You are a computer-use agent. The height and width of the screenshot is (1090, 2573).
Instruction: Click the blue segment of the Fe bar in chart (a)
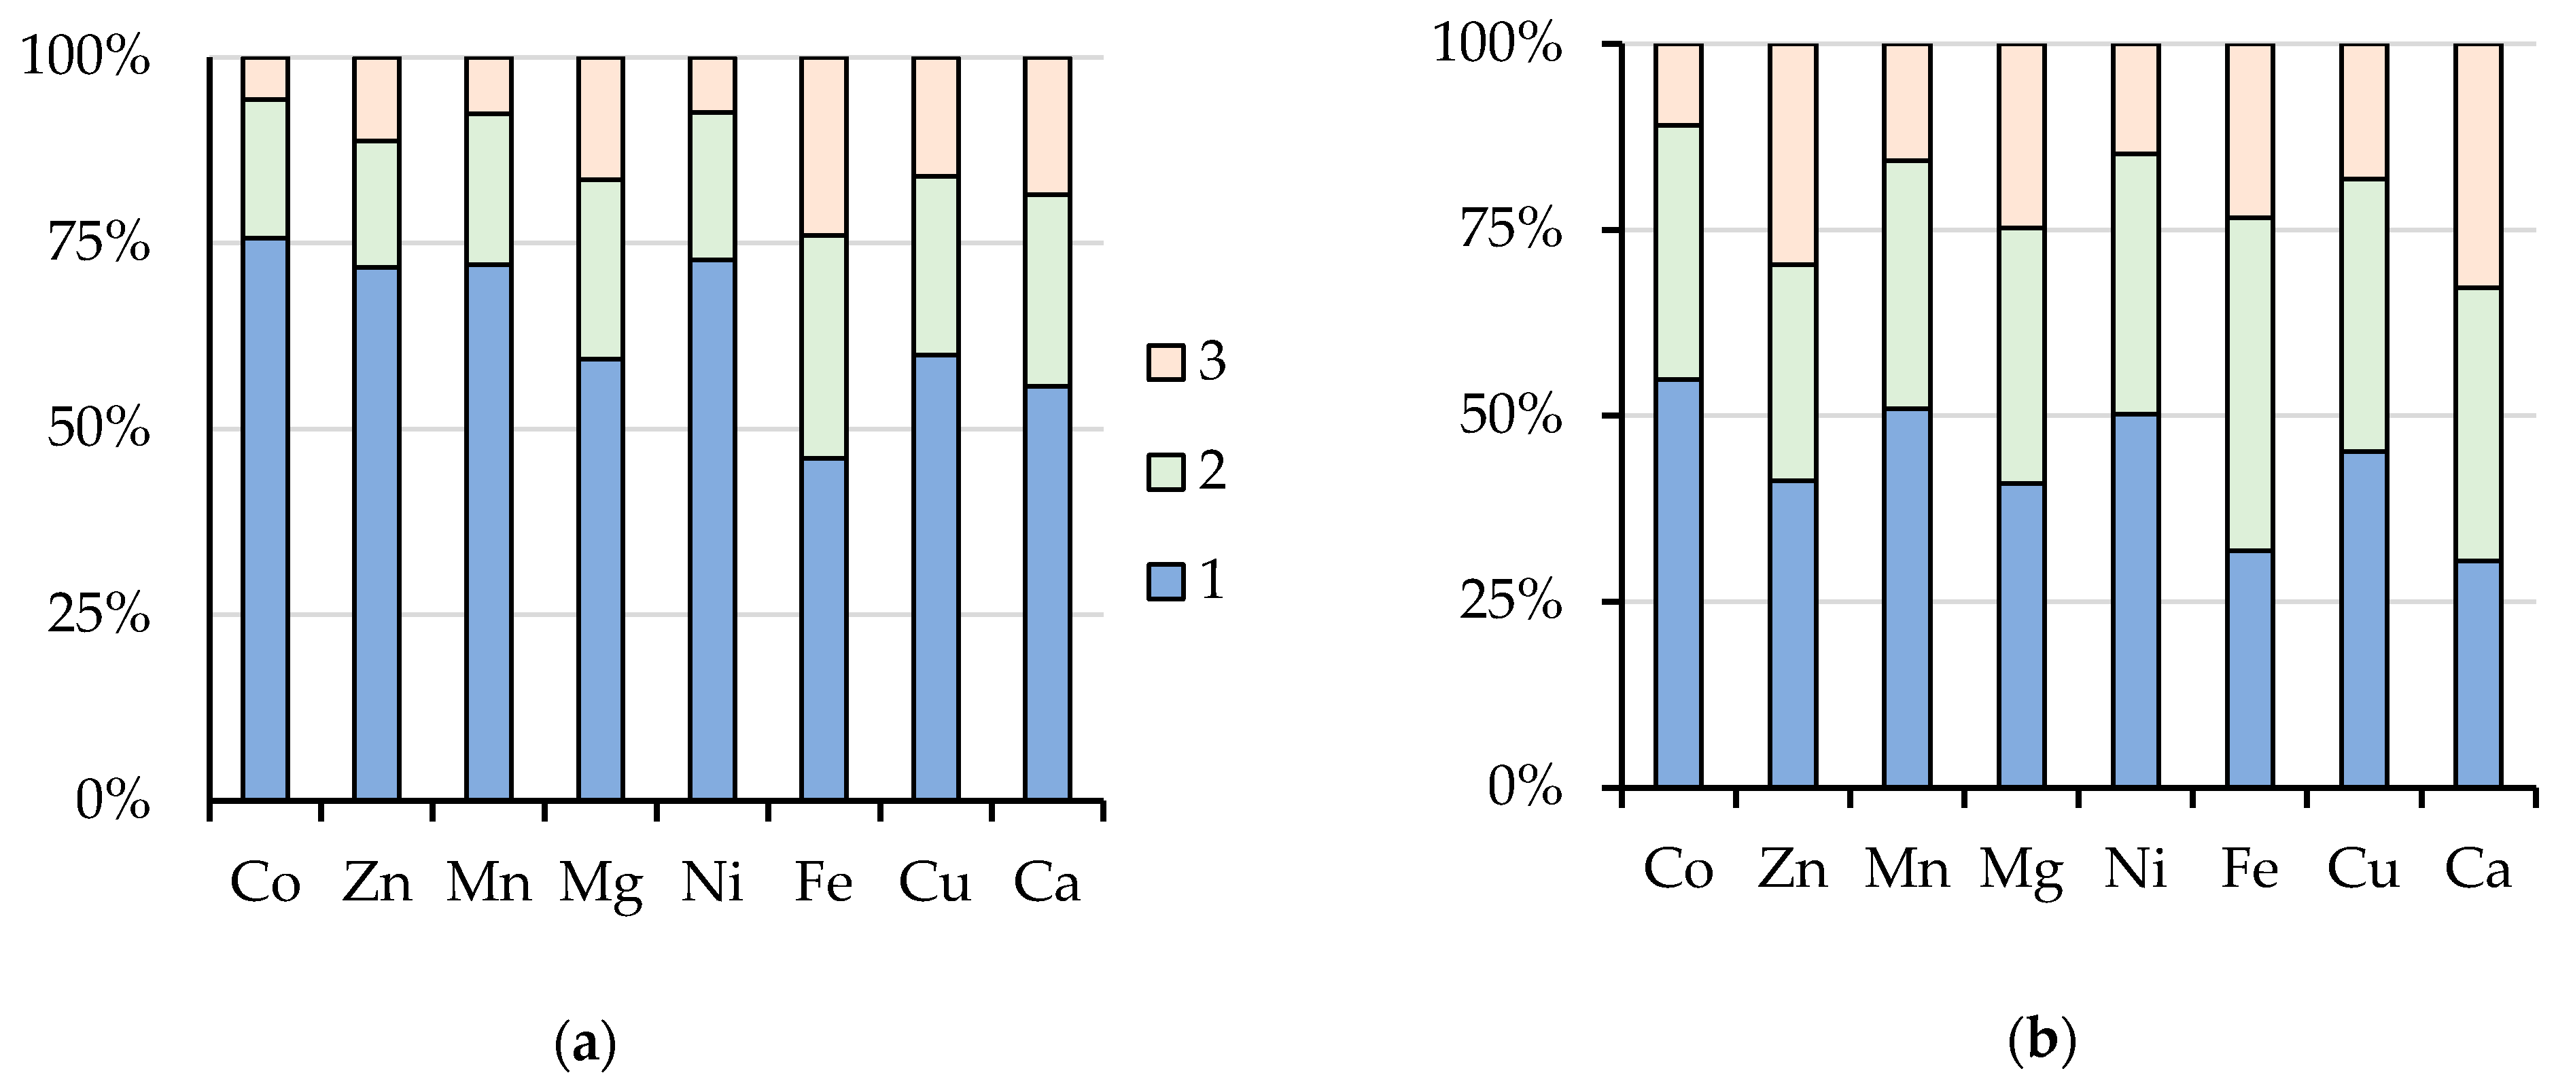click(x=824, y=629)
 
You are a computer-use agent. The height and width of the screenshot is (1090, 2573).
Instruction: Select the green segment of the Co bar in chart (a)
click(x=264, y=169)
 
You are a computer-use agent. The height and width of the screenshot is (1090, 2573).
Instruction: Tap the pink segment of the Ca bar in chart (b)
click(x=2478, y=166)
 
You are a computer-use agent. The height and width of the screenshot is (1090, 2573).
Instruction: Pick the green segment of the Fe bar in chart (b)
click(x=2250, y=384)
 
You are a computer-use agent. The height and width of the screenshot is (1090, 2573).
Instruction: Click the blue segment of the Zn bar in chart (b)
click(x=1793, y=635)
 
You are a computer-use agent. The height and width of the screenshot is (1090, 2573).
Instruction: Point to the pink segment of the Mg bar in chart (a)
click(x=600, y=118)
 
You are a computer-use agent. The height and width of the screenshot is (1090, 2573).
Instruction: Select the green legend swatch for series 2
click(x=1165, y=472)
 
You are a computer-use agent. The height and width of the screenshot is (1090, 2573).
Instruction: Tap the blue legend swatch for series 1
click(x=1165, y=582)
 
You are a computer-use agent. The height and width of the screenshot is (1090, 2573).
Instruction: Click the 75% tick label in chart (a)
click(x=99, y=243)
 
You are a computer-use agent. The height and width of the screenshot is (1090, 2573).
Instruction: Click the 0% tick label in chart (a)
click(x=113, y=801)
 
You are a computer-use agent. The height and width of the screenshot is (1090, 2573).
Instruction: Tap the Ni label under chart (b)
click(x=2135, y=869)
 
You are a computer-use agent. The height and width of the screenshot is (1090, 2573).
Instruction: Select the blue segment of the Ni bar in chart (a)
click(x=712, y=529)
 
